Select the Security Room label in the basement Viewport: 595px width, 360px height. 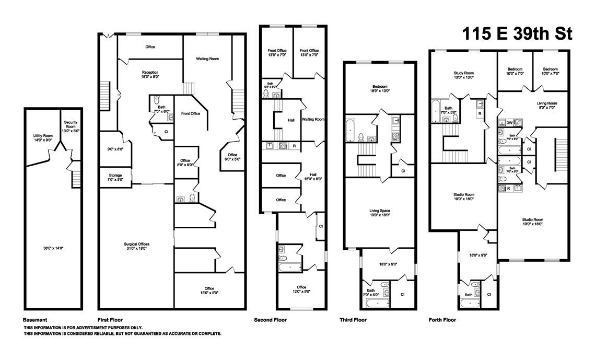tap(71, 126)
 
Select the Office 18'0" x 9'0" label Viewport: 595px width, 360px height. tap(209, 290)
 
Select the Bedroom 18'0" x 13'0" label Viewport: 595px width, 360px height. tap(379, 89)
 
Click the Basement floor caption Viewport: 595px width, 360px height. tap(35, 320)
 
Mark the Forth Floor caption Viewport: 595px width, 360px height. tap(442, 320)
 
